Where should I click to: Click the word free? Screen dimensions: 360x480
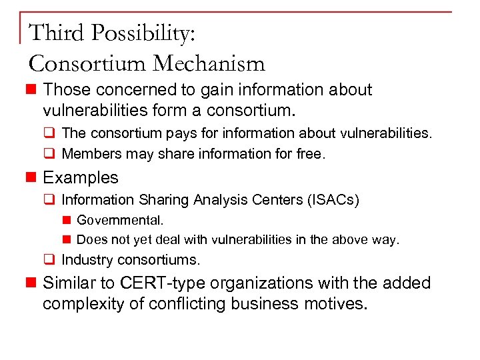click(310, 154)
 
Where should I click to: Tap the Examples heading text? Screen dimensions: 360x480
click(81, 177)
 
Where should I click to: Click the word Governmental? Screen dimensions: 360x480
click(120, 219)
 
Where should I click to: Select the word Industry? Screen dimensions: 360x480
click(85, 259)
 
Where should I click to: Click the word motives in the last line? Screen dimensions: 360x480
click(337, 304)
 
